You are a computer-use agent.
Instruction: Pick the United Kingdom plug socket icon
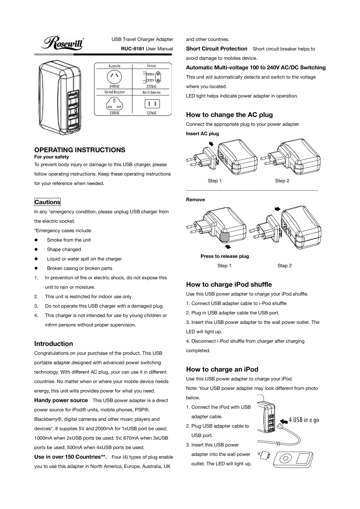(114, 103)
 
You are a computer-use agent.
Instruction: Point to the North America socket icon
(152, 103)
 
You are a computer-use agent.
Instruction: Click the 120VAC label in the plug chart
(151, 113)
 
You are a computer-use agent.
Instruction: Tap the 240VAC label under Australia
(114, 86)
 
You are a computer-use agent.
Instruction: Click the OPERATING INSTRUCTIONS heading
(80, 150)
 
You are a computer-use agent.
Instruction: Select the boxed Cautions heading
(48, 202)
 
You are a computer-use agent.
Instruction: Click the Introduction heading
(53, 344)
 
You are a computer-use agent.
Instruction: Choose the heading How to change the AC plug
(229, 115)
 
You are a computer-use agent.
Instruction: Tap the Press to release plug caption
(224, 256)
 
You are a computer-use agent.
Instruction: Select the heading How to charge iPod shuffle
(229, 285)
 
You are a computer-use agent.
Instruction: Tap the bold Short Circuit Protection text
(216, 49)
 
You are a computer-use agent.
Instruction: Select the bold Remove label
(195, 200)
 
